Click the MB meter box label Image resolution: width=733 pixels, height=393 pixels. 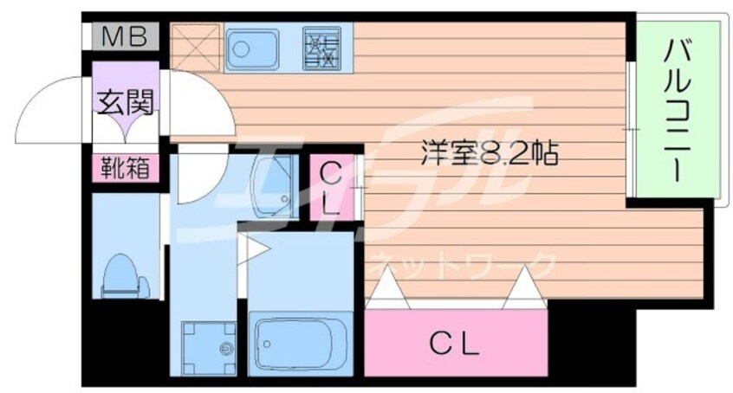[x=125, y=36]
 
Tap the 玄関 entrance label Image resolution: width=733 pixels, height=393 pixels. [x=126, y=102]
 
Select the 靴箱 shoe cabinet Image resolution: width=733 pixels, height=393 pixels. [x=126, y=168]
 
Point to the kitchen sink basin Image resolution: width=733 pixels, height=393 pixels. [x=251, y=48]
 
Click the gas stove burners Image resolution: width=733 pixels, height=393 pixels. [x=321, y=48]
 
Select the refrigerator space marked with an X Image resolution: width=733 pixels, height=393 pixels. [x=195, y=48]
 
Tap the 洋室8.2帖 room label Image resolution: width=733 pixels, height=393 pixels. [x=490, y=152]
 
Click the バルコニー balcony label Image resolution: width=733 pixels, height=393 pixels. [x=677, y=110]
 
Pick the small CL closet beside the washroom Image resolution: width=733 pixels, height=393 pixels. [x=333, y=187]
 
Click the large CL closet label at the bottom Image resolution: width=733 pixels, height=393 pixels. [x=454, y=345]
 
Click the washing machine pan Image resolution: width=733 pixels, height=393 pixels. [x=209, y=348]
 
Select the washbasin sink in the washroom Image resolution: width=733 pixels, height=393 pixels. [x=274, y=187]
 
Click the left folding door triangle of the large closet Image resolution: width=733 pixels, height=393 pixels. [x=387, y=288]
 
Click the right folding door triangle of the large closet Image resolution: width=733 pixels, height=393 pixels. [x=525, y=288]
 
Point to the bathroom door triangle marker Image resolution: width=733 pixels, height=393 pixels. [x=252, y=249]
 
